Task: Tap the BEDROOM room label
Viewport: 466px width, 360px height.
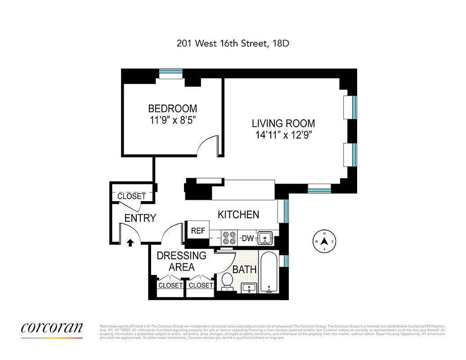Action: pyautogui.click(x=173, y=108)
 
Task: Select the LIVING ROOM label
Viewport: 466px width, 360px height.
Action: pyautogui.click(x=283, y=123)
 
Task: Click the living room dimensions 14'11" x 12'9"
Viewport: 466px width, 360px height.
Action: pyautogui.click(x=283, y=135)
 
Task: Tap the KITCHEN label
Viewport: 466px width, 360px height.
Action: pyautogui.click(x=238, y=215)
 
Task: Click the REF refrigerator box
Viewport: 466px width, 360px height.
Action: pyautogui.click(x=198, y=231)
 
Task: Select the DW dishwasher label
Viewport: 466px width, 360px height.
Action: pyautogui.click(x=248, y=238)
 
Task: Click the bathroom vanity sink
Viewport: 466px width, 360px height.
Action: pyautogui.click(x=249, y=288)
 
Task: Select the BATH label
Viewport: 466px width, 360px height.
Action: pyautogui.click(x=244, y=270)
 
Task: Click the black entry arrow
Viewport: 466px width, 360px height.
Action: pyautogui.click(x=130, y=243)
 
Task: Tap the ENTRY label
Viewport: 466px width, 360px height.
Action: pyautogui.click(x=140, y=218)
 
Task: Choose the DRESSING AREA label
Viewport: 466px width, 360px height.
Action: pyautogui.click(x=181, y=261)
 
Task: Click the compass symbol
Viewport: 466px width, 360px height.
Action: pyautogui.click(x=324, y=242)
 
